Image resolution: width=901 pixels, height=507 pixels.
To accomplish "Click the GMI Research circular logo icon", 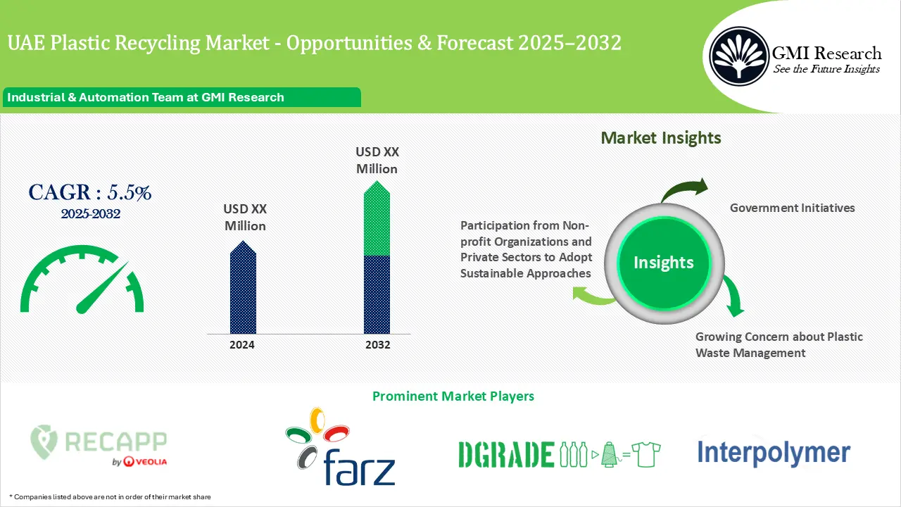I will (738, 54).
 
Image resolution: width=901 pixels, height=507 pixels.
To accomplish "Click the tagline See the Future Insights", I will (826, 69).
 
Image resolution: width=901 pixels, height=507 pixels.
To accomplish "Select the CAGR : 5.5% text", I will (90, 192).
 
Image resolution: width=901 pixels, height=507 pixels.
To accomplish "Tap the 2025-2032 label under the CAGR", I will (90, 214).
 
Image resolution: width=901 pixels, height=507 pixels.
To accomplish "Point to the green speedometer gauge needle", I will (102, 289).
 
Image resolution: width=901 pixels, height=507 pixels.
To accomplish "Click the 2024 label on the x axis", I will (242, 345).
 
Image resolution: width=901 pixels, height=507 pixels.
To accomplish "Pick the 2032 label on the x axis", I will (377, 345).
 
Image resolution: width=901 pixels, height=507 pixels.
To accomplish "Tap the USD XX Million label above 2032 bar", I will (377, 160).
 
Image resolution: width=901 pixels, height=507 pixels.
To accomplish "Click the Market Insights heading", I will (661, 138).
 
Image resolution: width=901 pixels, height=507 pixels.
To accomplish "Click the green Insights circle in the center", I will (663, 263).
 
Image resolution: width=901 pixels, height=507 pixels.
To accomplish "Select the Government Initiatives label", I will (792, 208).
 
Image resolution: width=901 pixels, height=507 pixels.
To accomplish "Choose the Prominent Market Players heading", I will (453, 396).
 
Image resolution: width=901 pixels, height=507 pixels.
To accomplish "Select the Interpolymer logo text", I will (773, 452).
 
